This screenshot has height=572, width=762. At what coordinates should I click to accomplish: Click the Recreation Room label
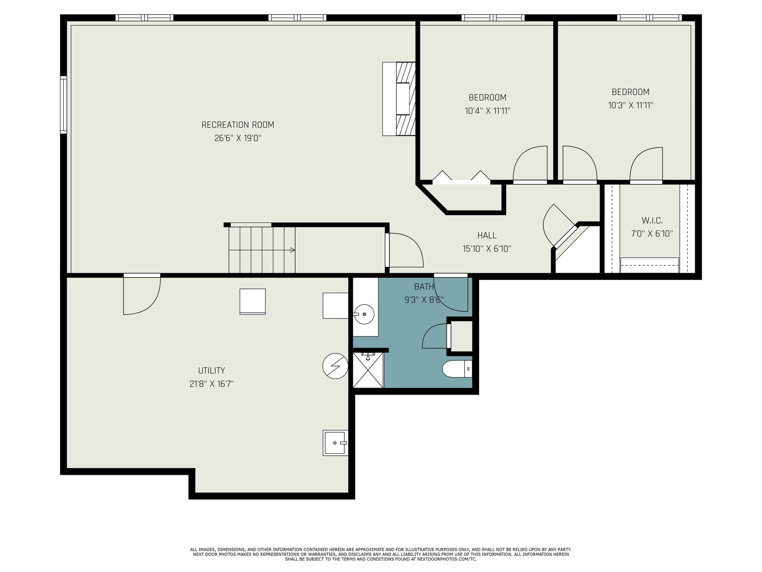click(238, 125)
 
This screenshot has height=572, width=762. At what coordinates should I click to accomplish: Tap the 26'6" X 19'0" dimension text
click(238, 138)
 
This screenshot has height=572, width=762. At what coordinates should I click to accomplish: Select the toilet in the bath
click(457, 369)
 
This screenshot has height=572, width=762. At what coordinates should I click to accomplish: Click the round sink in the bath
click(364, 314)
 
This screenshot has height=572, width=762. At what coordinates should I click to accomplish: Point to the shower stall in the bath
click(368, 370)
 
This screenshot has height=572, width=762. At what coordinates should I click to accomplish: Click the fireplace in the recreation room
click(399, 99)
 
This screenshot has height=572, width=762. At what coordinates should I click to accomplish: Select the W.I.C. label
click(652, 220)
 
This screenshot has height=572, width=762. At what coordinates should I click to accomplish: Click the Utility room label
click(211, 370)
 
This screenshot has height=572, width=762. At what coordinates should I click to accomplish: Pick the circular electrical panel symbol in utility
click(335, 366)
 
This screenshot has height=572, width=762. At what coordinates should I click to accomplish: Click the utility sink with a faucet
click(335, 443)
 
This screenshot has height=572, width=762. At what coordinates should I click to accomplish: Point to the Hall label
click(487, 235)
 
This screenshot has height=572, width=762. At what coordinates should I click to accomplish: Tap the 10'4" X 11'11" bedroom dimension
click(487, 111)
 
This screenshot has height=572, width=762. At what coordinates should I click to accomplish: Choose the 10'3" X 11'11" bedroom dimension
click(631, 105)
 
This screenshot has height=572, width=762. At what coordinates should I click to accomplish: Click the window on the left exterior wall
click(63, 105)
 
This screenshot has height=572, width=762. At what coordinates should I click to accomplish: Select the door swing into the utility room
click(142, 295)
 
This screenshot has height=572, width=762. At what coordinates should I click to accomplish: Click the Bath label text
click(424, 286)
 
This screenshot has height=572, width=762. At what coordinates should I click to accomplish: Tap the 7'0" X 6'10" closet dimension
click(652, 234)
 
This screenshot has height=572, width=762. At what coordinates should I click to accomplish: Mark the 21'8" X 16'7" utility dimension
click(211, 384)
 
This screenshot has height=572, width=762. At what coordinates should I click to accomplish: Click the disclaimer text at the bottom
click(381, 554)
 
